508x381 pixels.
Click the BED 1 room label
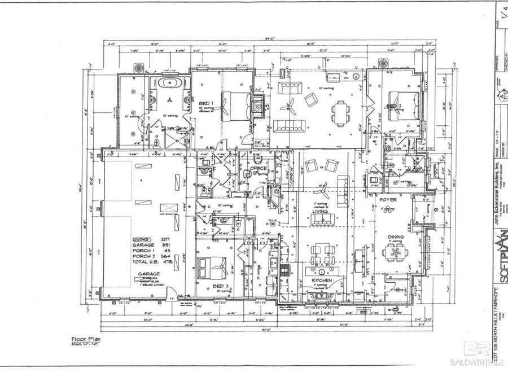[x=205, y=103]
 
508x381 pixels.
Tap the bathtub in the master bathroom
[x=170, y=84]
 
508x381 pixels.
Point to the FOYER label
[x=387, y=199]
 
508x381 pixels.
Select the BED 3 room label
[x=220, y=286]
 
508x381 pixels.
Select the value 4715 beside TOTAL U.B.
[x=168, y=260]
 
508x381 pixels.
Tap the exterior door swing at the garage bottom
[x=176, y=292]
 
